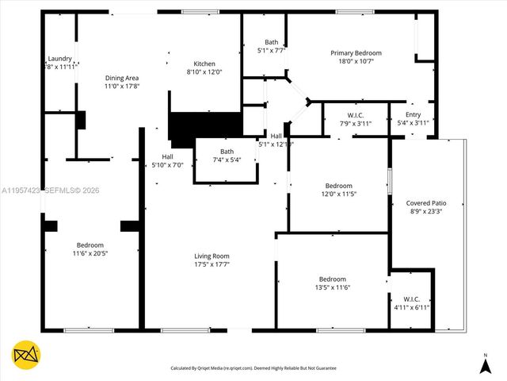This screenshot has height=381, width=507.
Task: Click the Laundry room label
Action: coord(60,58)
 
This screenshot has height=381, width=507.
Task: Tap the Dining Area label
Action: coord(122,78)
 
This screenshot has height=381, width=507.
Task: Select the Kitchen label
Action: coord(204,63)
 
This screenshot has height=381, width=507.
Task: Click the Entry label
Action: coord(413,114)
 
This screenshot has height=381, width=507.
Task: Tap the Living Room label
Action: coord(212,256)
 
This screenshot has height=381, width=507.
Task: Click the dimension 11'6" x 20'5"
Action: coord(90,253)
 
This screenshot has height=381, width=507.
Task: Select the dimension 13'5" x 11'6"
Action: coord(333,287)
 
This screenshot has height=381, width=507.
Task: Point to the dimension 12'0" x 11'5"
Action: coord(338,194)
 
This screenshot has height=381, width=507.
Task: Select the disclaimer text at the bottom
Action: coord(253,368)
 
